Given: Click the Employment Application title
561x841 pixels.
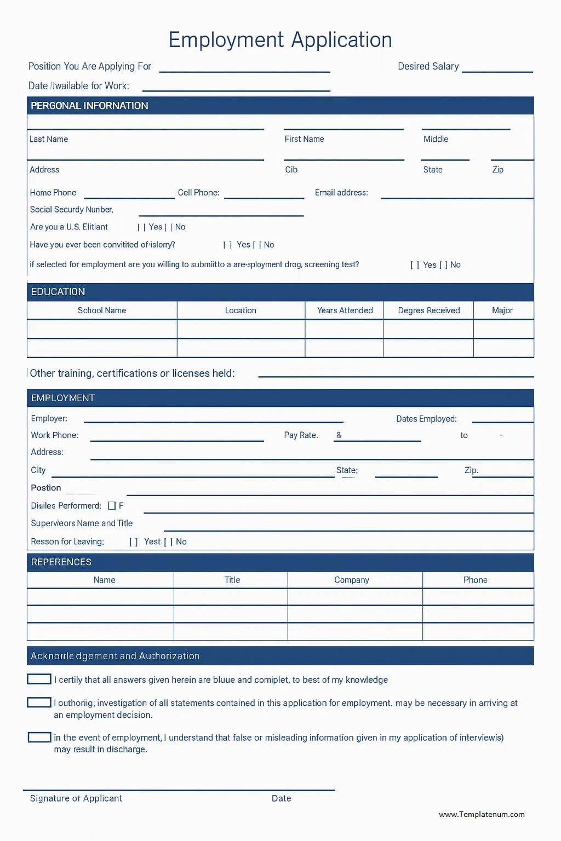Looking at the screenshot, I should click(280, 40).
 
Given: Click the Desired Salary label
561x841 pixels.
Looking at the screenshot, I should click(428, 66).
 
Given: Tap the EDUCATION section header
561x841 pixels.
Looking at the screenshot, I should click(58, 292).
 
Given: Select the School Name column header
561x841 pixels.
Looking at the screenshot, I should click(102, 310).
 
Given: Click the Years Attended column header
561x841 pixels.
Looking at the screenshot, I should click(345, 310).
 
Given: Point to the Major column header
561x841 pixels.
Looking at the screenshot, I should click(502, 310).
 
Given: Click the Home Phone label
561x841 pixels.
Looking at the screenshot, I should click(53, 193).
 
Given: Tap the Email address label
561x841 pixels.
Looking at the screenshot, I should click(341, 193).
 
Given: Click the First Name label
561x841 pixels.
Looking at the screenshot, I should click(304, 139).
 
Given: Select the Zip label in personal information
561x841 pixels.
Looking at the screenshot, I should click(497, 170).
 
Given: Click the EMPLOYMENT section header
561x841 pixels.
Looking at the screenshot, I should click(63, 398).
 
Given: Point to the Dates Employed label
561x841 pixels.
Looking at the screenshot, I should click(426, 419).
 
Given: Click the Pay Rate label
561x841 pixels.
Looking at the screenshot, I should click(301, 435).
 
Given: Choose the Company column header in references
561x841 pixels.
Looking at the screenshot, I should click(352, 580).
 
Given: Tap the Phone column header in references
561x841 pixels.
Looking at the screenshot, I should click(475, 580).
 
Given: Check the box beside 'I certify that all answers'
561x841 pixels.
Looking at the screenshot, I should click(39, 679).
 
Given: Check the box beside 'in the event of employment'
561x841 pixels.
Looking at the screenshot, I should click(39, 737).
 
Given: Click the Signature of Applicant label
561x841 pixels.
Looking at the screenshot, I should click(76, 798).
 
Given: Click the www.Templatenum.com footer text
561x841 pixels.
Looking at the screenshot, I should click(482, 814).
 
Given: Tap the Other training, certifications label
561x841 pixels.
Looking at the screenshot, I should click(132, 373).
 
